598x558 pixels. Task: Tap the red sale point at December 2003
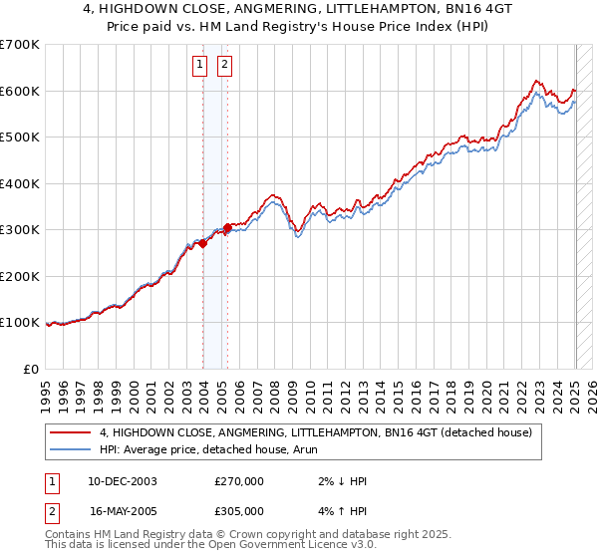click(203, 243)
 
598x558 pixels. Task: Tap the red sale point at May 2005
click(228, 227)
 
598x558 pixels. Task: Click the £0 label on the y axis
click(31, 369)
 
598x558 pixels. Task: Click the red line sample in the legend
click(71, 432)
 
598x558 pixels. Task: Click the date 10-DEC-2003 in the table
click(123, 481)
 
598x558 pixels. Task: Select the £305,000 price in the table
click(239, 510)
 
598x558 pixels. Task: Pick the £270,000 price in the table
click(239, 481)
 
